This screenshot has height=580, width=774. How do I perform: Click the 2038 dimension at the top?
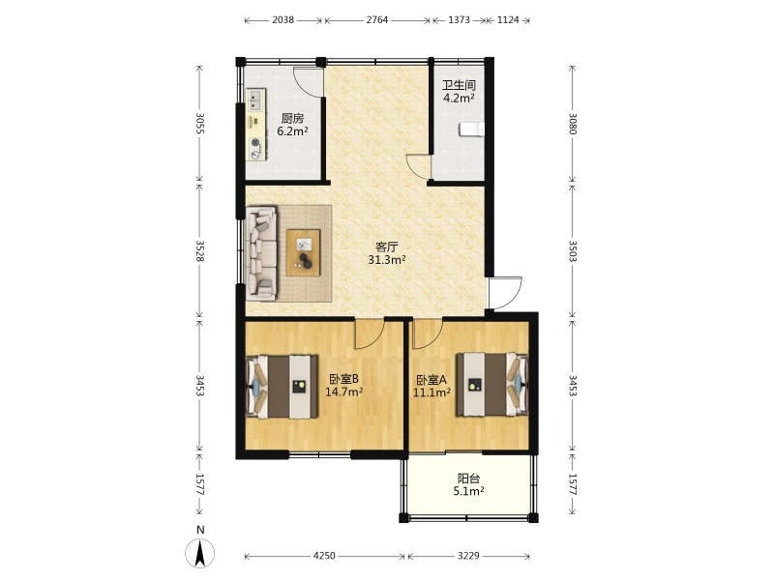[283, 20]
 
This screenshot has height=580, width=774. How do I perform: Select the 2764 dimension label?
[377, 20]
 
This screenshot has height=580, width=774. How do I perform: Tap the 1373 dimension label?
[459, 20]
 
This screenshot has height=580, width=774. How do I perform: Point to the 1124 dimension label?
[508, 20]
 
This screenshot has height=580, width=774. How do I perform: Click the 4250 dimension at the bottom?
[324, 556]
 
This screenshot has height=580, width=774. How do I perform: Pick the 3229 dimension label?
[468, 556]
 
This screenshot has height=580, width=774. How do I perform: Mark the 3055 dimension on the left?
[200, 124]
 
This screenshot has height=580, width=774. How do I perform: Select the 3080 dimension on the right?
[572, 124]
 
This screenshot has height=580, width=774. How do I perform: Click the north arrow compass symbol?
[200, 553]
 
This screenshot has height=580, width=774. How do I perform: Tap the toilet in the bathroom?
[472, 130]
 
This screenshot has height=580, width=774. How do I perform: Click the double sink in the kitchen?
[255, 100]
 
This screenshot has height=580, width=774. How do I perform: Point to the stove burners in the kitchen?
[255, 149]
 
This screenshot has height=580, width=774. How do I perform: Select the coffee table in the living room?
[304, 252]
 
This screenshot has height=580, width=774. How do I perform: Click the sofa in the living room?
[261, 253]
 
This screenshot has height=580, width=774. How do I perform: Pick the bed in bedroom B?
[282, 387]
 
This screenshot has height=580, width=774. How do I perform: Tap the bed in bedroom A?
[492, 384]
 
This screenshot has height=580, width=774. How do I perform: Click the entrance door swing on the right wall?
[505, 293]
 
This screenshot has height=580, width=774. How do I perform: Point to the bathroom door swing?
[418, 166]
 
